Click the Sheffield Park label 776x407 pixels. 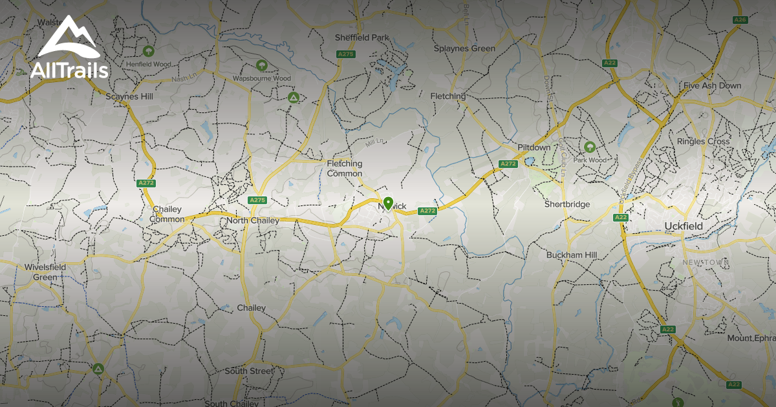362,37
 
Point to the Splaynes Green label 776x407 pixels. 464,48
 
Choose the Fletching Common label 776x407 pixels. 344,169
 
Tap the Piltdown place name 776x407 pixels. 533,147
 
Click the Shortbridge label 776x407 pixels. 567,204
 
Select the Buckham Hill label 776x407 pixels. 571,255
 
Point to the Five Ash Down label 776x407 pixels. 712,86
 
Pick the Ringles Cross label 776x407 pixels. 703,141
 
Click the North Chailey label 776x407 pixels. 252,221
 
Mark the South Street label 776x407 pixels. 249,371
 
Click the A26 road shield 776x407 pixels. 740,20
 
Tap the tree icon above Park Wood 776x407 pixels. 589,147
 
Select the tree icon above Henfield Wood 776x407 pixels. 149,50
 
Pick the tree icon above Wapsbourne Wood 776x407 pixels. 261,65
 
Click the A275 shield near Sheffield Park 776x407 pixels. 346,54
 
